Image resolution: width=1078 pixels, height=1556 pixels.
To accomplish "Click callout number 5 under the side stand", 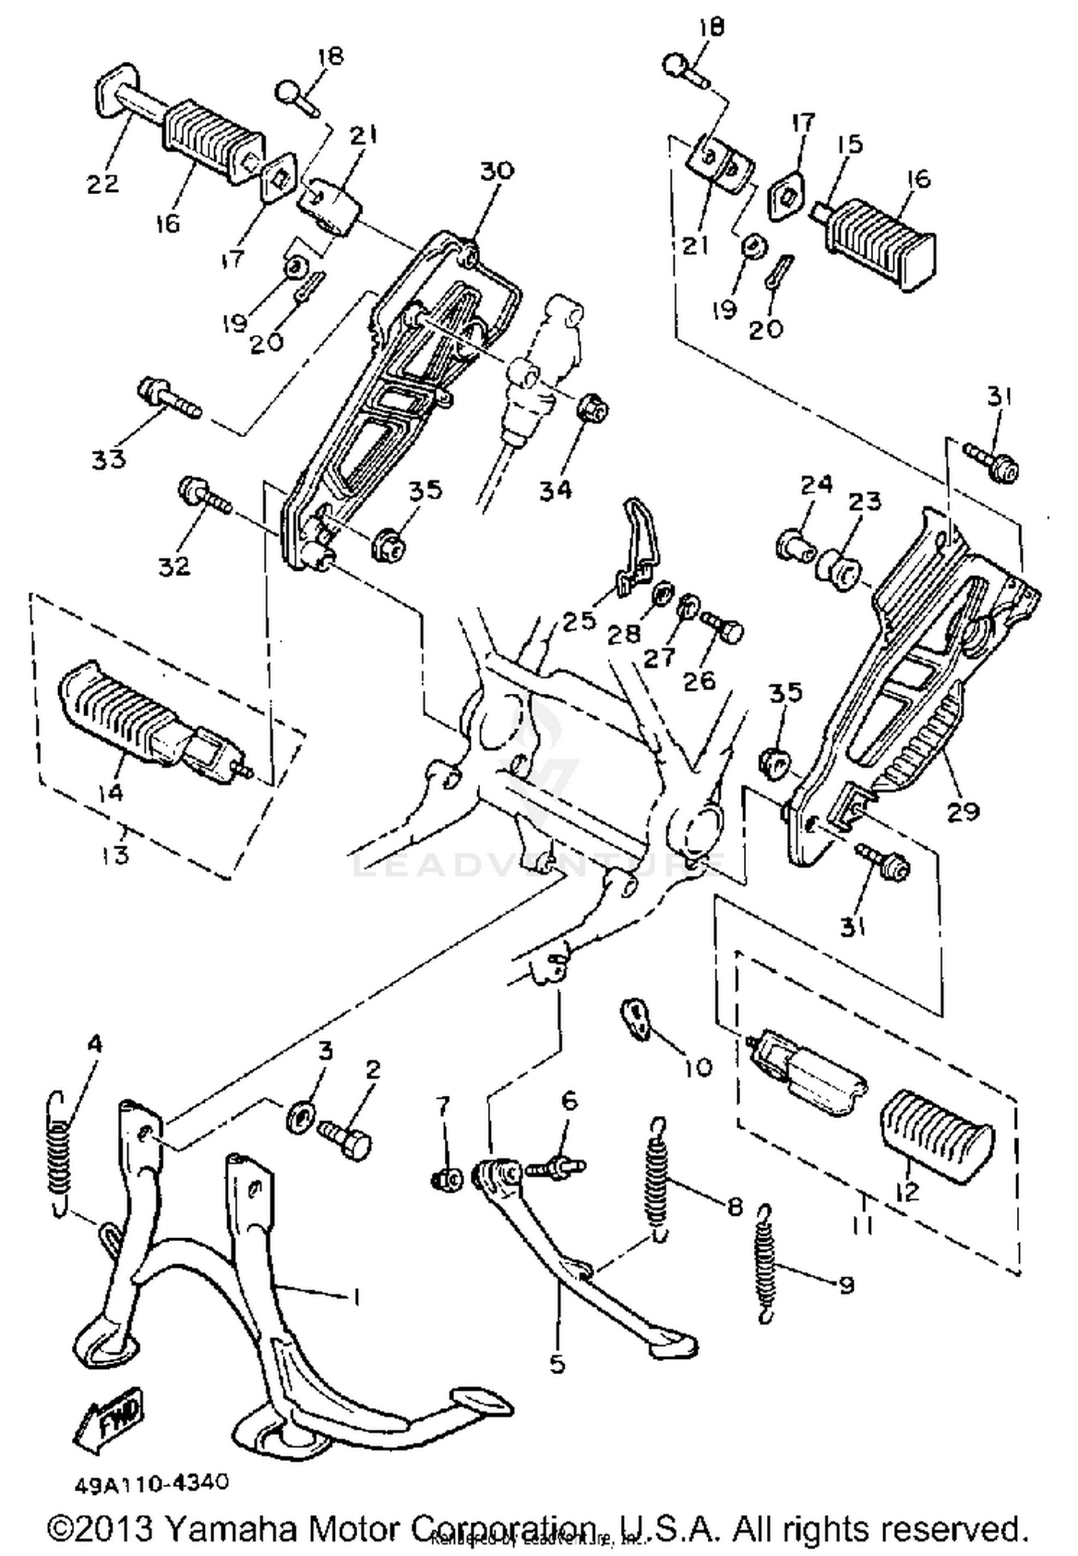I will coord(557,1363).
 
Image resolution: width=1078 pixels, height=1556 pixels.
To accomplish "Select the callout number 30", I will coord(497,171).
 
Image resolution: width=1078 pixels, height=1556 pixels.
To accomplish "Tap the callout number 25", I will coord(579,619).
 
